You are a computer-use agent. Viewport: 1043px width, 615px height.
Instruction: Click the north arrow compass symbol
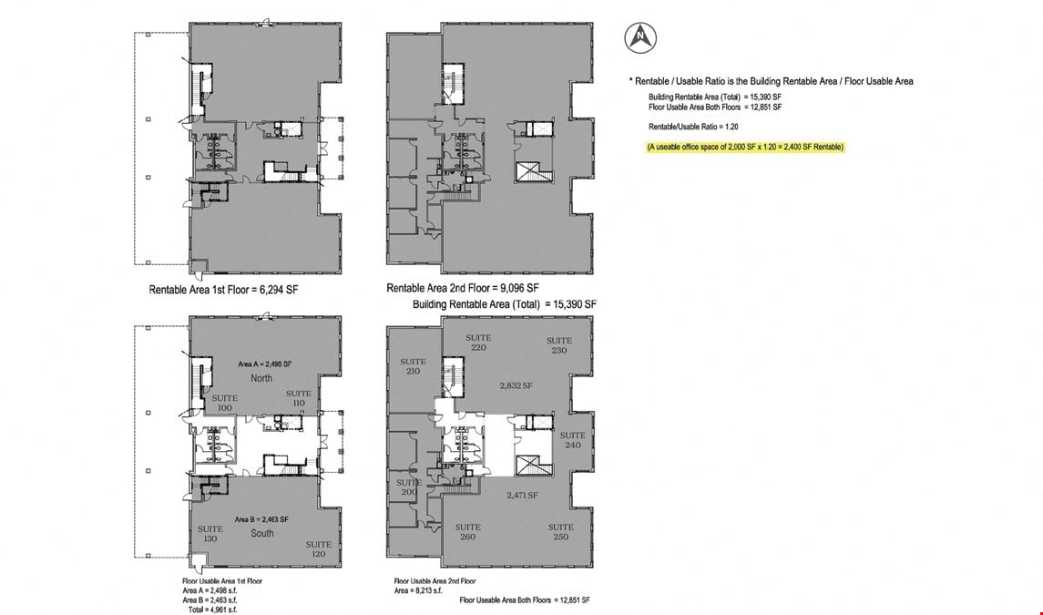(x=640, y=37)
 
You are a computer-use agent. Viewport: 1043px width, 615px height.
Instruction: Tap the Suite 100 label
(x=225, y=403)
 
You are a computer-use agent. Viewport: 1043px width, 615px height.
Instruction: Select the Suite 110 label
(x=299, y=398)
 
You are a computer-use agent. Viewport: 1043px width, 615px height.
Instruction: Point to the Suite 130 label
(x=210, y=534)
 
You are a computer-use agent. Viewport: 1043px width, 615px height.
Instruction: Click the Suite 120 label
(x=319, y=549)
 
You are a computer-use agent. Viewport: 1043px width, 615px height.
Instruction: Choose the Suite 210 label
(x=413, y=366)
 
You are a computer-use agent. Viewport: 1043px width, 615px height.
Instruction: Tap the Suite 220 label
(x=478, y=342)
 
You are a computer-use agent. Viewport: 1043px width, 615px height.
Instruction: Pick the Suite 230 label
(x=559, y=344)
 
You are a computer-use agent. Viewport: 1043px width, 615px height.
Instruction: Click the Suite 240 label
(x=573, y=440)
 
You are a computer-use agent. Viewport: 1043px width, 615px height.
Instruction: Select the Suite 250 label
(x=561, y=531)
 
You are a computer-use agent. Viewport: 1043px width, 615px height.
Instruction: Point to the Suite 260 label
(x=467, y=531)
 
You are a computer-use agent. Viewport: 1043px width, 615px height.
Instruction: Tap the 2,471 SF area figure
(x=522, y=496)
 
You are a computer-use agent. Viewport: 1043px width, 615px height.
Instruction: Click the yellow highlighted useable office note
(x=745, y=147)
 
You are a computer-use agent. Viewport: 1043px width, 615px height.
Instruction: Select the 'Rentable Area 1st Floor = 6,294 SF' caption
(x=223, y=290)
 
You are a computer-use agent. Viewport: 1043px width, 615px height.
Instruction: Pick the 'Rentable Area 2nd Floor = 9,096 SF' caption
(x=463, y=288)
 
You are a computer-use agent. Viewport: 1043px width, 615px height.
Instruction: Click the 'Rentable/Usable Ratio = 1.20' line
(x=693, y=127)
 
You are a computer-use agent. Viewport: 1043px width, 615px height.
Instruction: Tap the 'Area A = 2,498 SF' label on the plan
(x=265, y=364)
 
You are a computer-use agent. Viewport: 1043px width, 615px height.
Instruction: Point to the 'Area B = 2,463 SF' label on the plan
(x=261, y=519)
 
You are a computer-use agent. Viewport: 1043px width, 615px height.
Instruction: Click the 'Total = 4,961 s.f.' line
(x=212, y=609)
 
